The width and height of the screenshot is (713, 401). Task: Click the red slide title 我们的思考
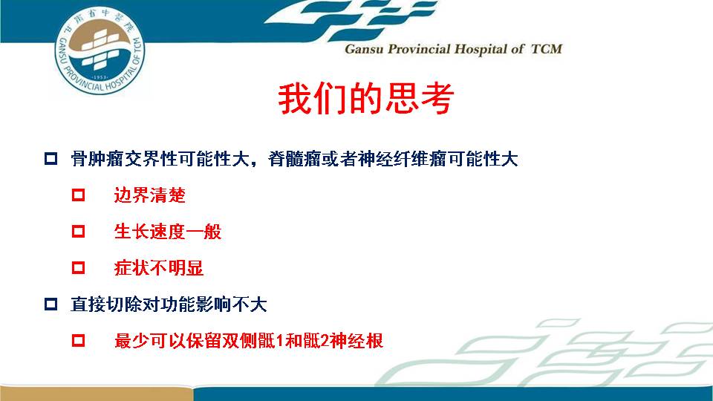click(366, 99)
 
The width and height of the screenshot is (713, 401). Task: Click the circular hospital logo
click(100, 50)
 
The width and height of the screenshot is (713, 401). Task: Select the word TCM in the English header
click(547, 49)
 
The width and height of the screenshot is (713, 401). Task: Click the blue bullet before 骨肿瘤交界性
click(51, 159)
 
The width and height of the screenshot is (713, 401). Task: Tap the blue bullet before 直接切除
click(51, 304)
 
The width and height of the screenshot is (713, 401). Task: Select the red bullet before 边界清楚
click(78, 195)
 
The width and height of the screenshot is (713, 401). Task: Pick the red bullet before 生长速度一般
click(78, 232)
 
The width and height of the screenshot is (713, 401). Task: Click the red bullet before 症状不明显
click(78, 268)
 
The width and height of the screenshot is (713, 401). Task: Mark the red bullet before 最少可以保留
click(78, 341)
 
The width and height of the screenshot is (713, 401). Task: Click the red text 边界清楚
click(149, 195)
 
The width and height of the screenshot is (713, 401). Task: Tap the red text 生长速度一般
click(168, 232)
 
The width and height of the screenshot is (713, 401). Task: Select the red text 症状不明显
click(159, 268)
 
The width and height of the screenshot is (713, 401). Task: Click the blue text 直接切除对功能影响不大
click(169, 304)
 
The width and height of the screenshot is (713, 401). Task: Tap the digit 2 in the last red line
click(325, 341)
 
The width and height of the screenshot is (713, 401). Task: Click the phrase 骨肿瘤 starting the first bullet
click(97, 159)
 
